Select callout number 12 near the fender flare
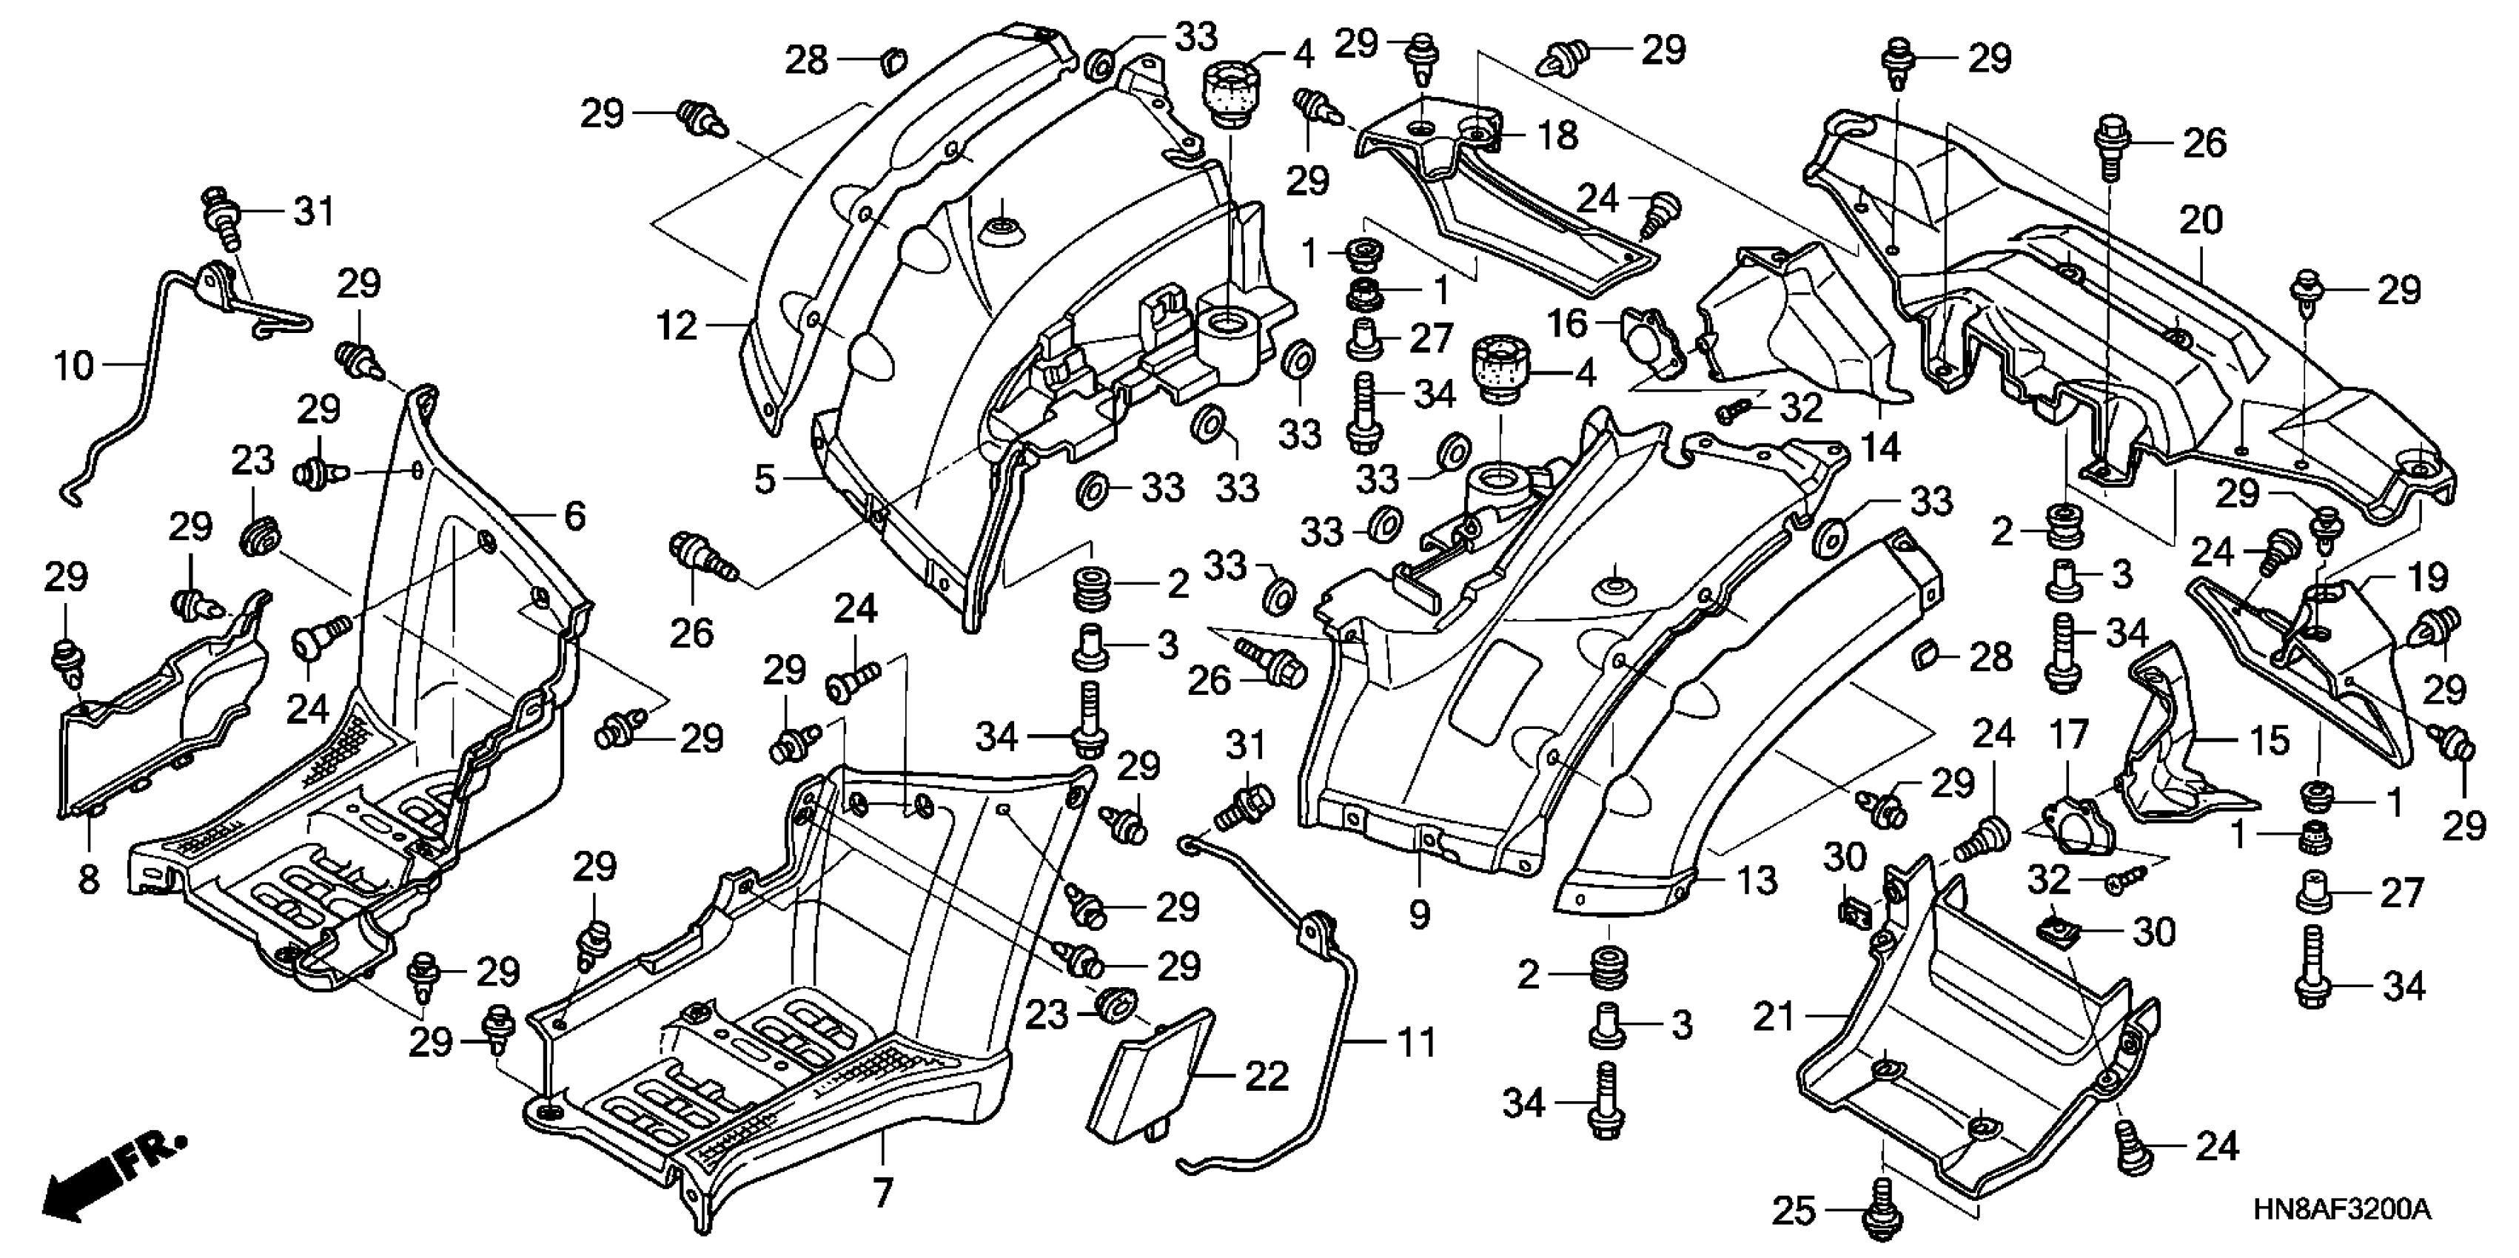pyautogui.click(x=677, y=326)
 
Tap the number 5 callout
pyautogui.click(x=765, y=480)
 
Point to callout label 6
pyautogui.click(x=575, y=515)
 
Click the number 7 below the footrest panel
pyautogui.click(x=882, y=1192)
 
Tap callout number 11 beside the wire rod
pyautogui.click(x=1417, y=1043)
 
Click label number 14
pyautogui.click(x=1879, y=447)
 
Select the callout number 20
pyautogui.click(x=2200, y=221)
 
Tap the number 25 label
pyautogui.click(x=1794, y=1212)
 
